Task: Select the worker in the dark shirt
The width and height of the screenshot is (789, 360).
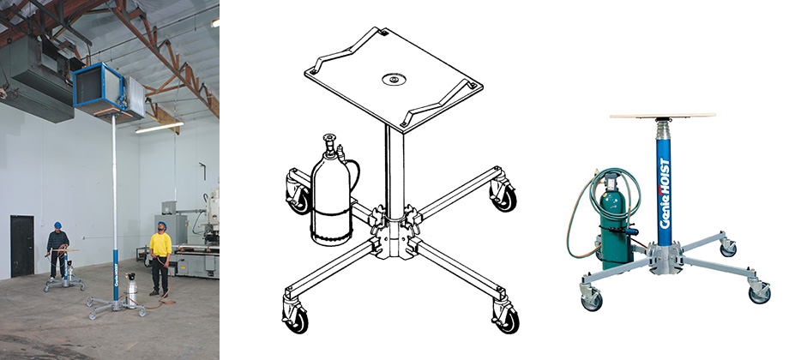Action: [57, 249]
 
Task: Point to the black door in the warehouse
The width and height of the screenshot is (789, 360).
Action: [22, 246]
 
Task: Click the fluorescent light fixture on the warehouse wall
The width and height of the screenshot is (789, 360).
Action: [159, 127]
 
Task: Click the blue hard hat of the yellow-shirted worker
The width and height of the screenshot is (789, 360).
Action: [162, 225]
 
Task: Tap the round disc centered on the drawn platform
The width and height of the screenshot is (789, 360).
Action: [394, 80]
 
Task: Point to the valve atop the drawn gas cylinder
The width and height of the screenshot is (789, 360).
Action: [330, 143]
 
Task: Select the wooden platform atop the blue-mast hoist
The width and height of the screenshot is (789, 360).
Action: [662, 117]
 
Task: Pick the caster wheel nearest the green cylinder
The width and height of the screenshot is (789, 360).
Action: [590, 298]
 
